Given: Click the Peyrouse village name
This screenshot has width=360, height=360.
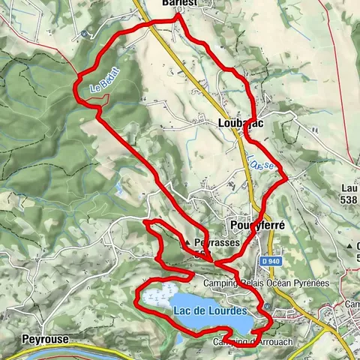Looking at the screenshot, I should click(45, 339).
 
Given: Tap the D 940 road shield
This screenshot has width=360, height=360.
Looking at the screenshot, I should click(271, 260).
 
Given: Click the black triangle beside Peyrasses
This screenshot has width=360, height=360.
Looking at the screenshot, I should click(186, 243).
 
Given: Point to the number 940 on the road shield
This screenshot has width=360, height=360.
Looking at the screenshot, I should click(274, 260).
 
